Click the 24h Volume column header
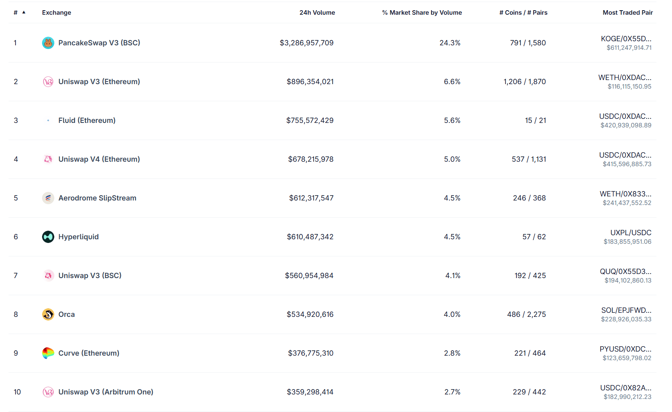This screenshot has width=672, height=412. pyautogui.click(x=317, y=13)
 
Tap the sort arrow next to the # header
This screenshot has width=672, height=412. pyautogui.click(x=24, y=12)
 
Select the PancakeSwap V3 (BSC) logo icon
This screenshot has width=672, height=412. pyautogui.click(x=48, y=43)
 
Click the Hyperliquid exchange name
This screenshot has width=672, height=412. pyautogui.click(x=78, y=237)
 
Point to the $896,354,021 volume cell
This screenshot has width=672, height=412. pyautogui.click(x=310, y=82)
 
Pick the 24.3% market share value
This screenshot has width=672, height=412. pyautogui.click(x=450, y=43)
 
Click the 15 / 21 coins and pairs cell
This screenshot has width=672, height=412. pyautogui.click(x=535, y=120)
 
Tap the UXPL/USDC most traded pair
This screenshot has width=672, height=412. pyautogui.click(x=631, y=233)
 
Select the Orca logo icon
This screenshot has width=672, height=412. pyautogui.click(x=48, y=314)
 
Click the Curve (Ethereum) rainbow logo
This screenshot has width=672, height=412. pyautogui.click(x=48, y=353)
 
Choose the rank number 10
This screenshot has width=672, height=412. pyautogui.click(x=17, y=392)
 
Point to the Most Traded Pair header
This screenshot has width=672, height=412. pyautogui.click(x=627, y=13)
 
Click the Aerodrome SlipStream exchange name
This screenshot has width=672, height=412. pyautogui.click(x=97, y=198)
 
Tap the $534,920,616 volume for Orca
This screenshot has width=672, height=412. pyautogui.click(x=310, y=314)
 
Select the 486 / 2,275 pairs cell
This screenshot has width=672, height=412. pyautogui.click(x=526, y=314)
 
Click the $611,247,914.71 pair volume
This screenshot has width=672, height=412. pyautogui.click(x=629, y=48)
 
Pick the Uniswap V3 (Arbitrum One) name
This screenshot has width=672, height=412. pyautogui.click(x=106, y=392)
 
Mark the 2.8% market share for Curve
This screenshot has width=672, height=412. pyautogui.click(x=452, y=353)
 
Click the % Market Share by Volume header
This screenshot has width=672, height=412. pyautogui.click(x=422, y=13)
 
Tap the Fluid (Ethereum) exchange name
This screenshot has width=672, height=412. pyautogui.click(x=87, y=120)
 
